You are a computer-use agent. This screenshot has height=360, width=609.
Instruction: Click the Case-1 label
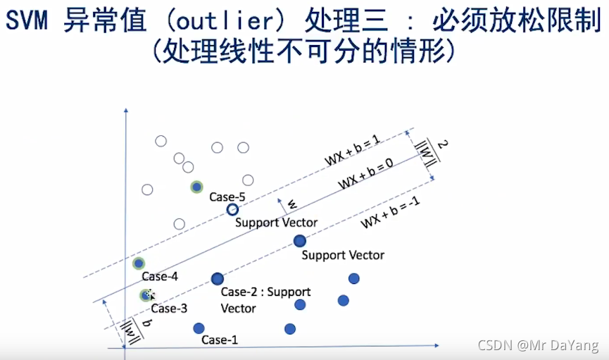(220, 340)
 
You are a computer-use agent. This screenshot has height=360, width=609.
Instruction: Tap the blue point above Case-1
(199, 328)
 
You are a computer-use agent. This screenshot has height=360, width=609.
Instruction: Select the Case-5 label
(226, 197)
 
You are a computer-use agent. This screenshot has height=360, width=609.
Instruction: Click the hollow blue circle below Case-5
(232, 209)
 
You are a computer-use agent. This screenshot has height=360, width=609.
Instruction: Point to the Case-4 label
(160, 277)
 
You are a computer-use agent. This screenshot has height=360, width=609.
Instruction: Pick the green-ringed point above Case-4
(139, 263)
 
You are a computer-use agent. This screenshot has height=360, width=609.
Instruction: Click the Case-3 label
(169, 308)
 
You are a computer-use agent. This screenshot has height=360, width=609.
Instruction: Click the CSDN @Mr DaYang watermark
(538, 345)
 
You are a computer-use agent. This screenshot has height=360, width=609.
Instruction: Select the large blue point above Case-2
(217, 279)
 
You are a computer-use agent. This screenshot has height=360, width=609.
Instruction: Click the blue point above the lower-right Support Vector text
(300, 241)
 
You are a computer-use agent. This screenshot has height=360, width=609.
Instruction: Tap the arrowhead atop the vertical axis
(125, 111)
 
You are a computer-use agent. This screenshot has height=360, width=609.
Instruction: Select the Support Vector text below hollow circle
(277, 223)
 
